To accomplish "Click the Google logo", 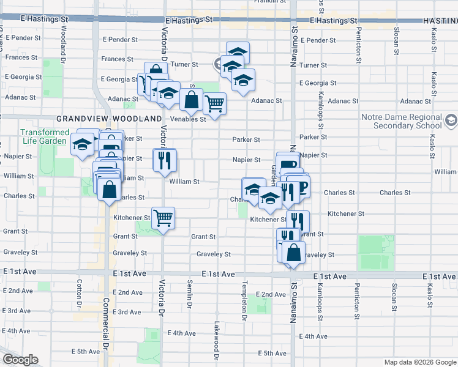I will tap(20, 360).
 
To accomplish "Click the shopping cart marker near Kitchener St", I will tap(163, 218).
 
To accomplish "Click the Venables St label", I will tap(188, 119).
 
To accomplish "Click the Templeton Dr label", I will tap(244, 301).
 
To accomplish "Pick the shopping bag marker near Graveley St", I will tap(294, 252).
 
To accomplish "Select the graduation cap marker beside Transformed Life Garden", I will tap(81, 145).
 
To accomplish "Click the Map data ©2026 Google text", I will tap(420, 362).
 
